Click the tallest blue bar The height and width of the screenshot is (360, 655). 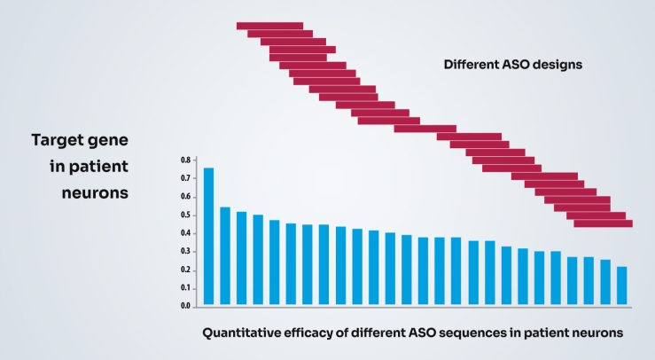209,236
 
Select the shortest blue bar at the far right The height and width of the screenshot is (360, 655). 621,286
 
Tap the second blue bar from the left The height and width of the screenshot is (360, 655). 225,256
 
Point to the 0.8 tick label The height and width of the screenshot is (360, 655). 185,160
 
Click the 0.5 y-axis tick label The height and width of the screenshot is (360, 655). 185,215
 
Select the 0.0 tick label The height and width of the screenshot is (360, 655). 185,306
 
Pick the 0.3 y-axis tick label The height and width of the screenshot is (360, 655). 185,252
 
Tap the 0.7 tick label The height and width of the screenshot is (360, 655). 185,178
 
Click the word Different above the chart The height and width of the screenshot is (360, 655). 472,66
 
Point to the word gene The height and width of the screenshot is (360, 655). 107,141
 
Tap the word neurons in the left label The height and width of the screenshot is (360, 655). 97,192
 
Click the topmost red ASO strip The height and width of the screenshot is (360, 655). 269,26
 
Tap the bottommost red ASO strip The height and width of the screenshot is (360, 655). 603,224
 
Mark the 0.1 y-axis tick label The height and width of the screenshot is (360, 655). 185,288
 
